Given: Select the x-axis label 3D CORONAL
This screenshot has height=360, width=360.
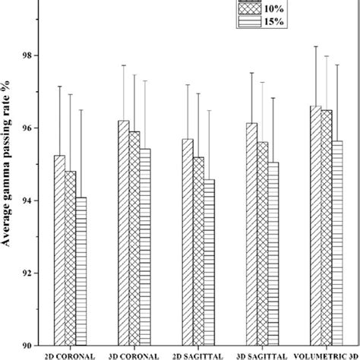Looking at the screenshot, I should (134, 355).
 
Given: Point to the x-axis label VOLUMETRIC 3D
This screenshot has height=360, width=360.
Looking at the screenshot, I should (328, 355).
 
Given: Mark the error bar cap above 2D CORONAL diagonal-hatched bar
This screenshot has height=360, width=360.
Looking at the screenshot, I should (59, 87).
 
